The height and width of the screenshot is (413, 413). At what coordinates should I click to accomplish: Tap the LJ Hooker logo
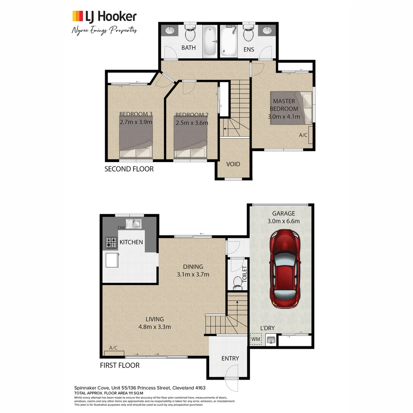pos(104,16)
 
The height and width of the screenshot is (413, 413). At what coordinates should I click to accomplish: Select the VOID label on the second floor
pos(233,164)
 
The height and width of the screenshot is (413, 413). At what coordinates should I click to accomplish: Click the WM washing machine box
pos(255,339)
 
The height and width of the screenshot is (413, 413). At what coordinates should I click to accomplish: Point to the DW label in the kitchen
pos(122,228)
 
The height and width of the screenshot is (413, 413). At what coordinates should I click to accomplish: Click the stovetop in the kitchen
pos(111,242)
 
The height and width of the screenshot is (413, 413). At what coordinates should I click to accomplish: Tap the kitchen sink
pos(135,223)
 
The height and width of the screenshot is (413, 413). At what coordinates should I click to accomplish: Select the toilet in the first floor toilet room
pos(237,281)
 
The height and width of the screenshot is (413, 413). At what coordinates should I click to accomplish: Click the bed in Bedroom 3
pos(136,141)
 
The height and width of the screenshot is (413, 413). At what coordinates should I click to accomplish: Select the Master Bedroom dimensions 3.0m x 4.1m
pos(284,117)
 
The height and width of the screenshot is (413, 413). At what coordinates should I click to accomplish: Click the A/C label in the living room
pos(113,348)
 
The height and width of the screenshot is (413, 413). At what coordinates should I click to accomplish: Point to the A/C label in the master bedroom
pos(303,135)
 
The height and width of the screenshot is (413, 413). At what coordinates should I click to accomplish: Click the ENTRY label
pos(230,358)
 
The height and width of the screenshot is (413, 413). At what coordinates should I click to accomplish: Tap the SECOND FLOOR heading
pos(129,169)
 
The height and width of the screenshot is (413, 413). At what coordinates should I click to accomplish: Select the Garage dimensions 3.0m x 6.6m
pos(283,221)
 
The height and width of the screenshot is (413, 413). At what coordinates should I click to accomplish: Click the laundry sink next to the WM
pos(271,339)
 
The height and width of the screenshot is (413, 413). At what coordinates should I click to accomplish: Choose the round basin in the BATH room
pos(169,31)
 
